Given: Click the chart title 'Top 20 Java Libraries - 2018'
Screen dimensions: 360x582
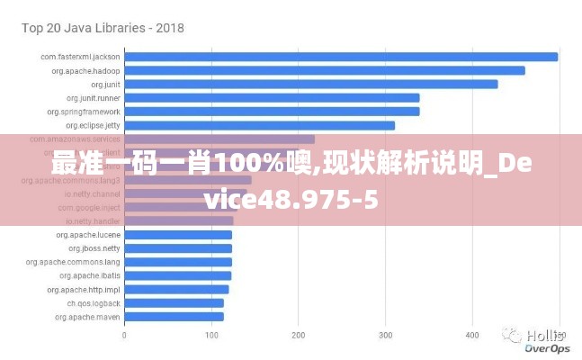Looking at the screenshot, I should [103, 28].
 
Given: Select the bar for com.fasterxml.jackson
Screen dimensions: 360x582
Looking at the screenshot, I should [341, 57].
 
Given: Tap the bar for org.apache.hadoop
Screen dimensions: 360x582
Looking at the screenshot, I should [325, 70].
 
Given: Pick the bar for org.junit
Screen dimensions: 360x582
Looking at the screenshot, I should [311, 84].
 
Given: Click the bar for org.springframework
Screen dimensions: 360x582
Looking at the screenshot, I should [272, 112].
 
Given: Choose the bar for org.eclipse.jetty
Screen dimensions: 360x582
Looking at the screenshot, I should [259, 125].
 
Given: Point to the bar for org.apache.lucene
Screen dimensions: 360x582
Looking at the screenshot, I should [178, 234].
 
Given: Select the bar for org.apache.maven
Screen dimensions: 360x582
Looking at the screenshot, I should [174, 316].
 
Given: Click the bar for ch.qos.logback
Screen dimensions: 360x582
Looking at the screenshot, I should [174, 302].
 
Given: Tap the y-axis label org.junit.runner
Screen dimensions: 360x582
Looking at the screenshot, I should [94, 97].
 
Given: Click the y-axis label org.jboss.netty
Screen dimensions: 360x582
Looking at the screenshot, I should [94, 247].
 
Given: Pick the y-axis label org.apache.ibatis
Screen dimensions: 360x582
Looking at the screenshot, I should [91, 275].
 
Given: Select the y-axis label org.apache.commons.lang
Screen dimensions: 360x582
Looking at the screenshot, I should [73, 262].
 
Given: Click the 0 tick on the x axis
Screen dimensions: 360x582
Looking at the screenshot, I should [124, 336].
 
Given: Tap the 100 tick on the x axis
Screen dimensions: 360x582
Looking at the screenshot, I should [211, 336].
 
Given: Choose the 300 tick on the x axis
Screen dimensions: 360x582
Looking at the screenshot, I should [385, 336].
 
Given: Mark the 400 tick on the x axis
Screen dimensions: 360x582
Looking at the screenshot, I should [472, 336].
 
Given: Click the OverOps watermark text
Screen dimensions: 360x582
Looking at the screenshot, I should [547, 347].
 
